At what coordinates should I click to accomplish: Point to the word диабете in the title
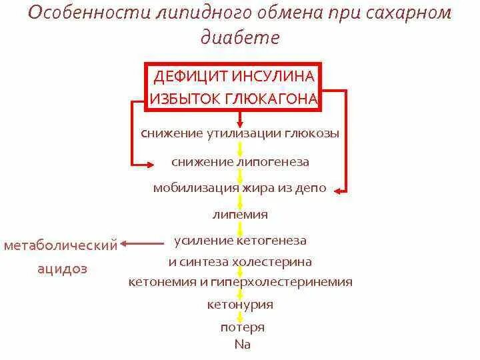tap(239, 38)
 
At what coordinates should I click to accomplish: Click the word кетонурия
tap(240, 305)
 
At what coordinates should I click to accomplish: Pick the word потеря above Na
tap(243, 327)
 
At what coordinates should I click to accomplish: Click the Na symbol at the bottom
tap(242, 345)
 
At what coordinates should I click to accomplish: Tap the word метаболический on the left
tap(61, 245)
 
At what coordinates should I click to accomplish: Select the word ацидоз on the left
tap(63, 269)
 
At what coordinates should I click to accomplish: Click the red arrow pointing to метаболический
tap(144, 244)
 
